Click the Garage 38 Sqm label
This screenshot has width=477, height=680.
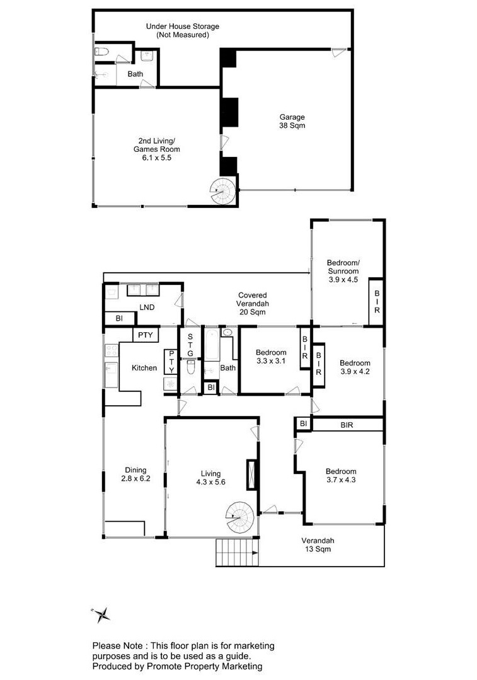(x=292, y=121)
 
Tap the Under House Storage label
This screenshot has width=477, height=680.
(x=182, y=26)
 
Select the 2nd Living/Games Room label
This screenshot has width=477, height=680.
(x=156, y=149)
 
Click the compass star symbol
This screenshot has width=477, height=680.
(x=102, y=614)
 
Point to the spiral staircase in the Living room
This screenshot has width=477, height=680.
(x=240, y=517)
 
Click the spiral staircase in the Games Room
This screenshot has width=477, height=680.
(x=223, y=191)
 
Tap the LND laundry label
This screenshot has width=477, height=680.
(x=147, y=307)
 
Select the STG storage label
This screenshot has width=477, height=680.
(x=190, y=345)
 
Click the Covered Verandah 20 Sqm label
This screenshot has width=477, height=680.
(x=253, y=304)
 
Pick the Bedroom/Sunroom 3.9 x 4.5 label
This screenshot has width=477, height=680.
(x=343, y=271)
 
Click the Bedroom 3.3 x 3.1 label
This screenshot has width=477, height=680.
(x=271, y=357)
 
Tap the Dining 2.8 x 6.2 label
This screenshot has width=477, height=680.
(x=135, y=474)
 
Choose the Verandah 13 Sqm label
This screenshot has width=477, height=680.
(x=318, y=545)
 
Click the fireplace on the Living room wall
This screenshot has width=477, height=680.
(x=251, y=475)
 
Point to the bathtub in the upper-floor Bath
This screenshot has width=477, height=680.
(x=212, y=345)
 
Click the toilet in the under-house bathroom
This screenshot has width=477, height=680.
(x=101, y=52)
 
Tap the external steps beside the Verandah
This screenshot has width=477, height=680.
(x=237, y=552)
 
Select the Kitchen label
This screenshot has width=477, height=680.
(x=144, y=368)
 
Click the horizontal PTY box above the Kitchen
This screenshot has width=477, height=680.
(x=146, y=335)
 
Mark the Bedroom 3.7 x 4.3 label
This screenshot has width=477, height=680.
(x=341, y=475)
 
